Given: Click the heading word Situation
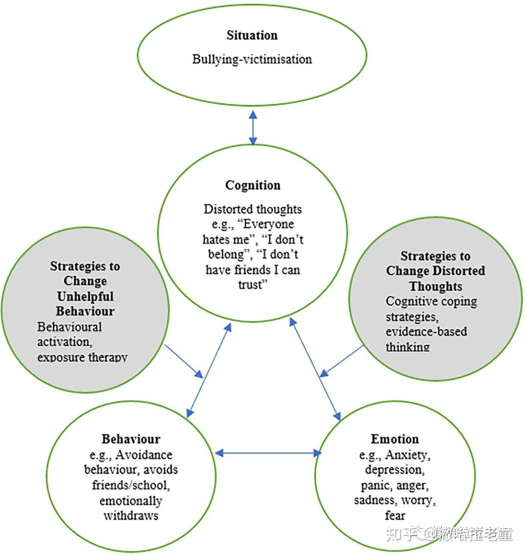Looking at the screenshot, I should [252, 36].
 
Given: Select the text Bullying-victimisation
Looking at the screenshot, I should [252, 60].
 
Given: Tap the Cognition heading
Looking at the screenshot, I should [253, 185].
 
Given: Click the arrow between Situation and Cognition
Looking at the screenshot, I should [253, 128].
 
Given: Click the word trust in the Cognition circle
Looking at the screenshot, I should [251, 285].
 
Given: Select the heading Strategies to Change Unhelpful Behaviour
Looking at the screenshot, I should [85, 288].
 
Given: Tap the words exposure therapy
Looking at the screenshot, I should [82, 357].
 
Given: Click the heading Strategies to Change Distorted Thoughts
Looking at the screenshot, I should [435, 271].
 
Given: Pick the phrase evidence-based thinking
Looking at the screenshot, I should [426, 339].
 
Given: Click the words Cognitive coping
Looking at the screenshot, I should [431, 302].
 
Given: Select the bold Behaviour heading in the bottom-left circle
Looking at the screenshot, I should [131, 439].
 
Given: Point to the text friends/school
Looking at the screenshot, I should [131, 485].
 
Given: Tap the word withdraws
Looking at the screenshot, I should [131, 515].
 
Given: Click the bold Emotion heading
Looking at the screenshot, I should [395, 439].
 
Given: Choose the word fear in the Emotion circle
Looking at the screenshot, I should [395, 515].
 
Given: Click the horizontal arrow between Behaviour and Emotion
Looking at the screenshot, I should [268, 453].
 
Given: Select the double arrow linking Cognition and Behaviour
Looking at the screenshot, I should [209, 370].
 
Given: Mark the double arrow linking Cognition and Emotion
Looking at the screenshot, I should [315, 370].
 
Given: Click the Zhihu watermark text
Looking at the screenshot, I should [449, 534].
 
